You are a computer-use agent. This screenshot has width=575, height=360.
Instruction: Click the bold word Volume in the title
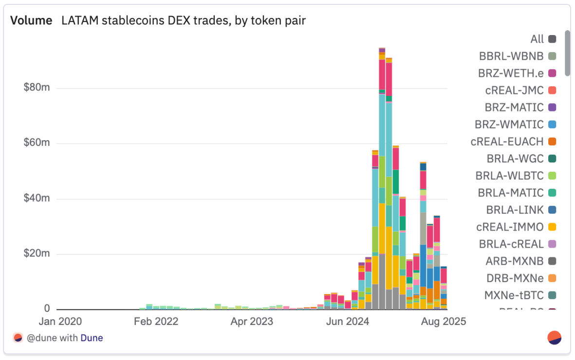pos(31,20)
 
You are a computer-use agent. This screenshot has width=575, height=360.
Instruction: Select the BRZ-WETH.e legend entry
pos(510,73)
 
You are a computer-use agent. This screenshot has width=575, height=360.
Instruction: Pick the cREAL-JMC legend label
pos(514,90)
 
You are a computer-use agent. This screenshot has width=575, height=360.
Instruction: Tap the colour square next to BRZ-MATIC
pos(552,107)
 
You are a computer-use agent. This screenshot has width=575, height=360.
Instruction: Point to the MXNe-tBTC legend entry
pos(514,295)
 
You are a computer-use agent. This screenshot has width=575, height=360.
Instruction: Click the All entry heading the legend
pos(537,39)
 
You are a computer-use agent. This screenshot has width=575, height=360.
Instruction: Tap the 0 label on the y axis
pos(47,309)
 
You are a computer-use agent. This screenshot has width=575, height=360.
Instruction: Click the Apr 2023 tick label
pos(252,322)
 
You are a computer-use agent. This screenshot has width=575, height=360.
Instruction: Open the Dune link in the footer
pos(92,338)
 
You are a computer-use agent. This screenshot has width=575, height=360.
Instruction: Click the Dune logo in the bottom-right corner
pos(555,338)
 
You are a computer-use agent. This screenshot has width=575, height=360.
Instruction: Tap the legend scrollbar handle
pos(567,53)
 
